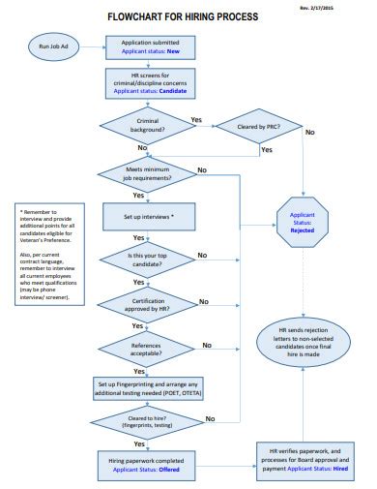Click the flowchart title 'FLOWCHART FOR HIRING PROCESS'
(x=188, y=16)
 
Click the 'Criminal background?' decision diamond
(x=143, y=123)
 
